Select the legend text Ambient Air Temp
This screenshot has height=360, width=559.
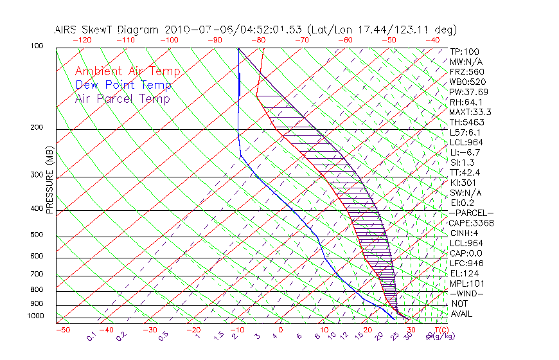(x=127, y=71)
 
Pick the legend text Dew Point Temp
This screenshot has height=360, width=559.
(x=123, y=85)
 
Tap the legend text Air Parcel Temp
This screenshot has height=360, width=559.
(x=122, y=98)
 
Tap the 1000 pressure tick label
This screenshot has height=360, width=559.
(x=36, y=316)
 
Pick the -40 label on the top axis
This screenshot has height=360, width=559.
(x=433, y=40)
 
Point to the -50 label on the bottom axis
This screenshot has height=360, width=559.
(x=62, y=330)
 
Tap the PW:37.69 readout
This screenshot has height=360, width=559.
(x=469, y=92)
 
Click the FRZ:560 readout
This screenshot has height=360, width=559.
(x=467, y=71)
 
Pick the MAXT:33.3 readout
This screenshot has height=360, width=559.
(x=471, y=112)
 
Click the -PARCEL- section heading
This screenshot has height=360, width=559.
(x=471, y=213)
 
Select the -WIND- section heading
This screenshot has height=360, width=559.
(x=467, y=294)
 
